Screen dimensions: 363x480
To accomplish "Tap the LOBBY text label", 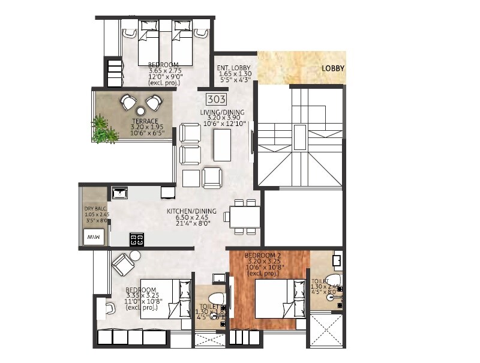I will tap(332, 68).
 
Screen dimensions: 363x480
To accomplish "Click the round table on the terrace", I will tap(140, 111).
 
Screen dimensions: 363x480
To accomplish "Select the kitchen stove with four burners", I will tap(137, 239).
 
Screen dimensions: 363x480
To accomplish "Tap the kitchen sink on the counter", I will tap(120, 193).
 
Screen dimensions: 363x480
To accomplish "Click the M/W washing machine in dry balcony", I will tap(92, 238).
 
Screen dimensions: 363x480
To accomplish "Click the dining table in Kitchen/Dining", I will tap(245, 217).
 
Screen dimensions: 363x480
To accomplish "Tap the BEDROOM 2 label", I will tap(262, 256).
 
